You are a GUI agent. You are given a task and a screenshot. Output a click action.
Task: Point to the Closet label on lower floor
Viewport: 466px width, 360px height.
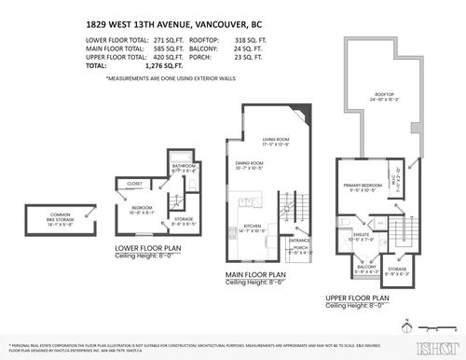point(134,184)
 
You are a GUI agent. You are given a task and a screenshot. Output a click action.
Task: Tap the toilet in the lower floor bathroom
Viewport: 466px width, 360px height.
point(176,158)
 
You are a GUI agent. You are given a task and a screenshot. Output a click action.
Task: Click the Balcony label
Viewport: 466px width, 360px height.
point(367,268)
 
